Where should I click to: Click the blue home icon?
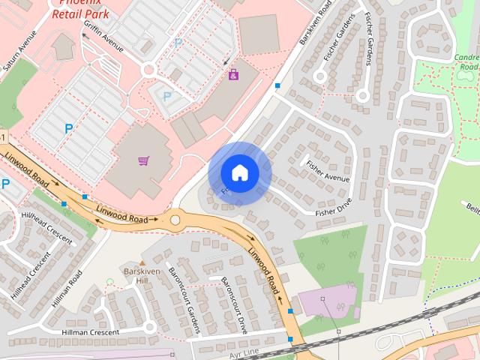tap(239, 172)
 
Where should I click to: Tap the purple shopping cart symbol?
tap(143, 160)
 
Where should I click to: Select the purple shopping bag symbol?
tap(233, 74)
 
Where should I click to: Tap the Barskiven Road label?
tap(316, 22)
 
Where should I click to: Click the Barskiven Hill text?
tap(137, 274)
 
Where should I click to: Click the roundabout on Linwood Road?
tap(177, 220)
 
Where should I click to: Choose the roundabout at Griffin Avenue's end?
tap(148, 70)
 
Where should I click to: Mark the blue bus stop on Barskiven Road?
tap(278, 86)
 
